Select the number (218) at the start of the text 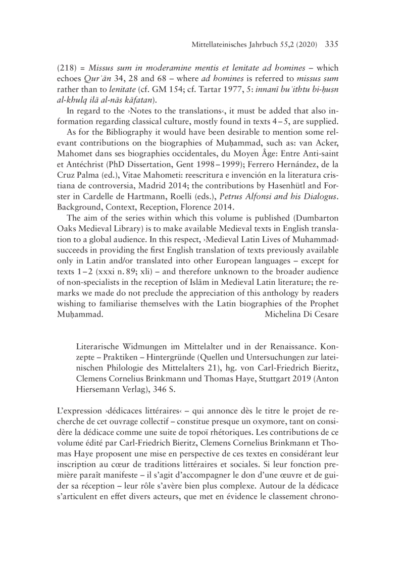point(74,69)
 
